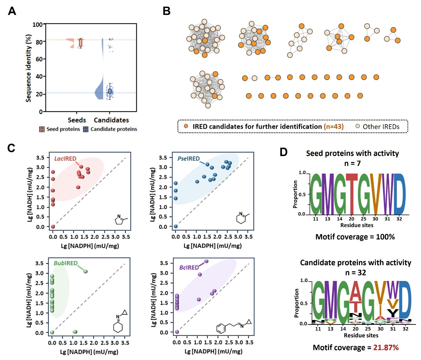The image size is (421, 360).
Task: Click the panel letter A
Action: [x=12, y=11]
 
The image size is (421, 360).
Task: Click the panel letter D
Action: [x=283, y=152]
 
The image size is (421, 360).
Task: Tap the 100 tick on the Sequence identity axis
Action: [x=37, y=25]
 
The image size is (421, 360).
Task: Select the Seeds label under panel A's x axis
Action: [x=77, y=120]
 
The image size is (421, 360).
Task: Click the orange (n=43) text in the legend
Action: [x=334, y=127]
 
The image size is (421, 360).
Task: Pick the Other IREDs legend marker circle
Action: [x=358, y=126]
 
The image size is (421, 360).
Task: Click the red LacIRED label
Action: [x=65, y=159]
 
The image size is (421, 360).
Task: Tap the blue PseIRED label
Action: [x=188, y=159]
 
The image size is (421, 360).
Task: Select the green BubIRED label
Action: [x=65, y=263]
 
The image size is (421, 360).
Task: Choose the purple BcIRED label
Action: [x=189, y=267]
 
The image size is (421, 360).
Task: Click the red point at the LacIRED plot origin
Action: [x=53, y=227]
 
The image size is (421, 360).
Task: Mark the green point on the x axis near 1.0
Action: [x=75, y=332]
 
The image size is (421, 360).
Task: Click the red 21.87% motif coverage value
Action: [x=386, y=348]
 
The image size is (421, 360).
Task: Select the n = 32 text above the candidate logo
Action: [x=355, y=273]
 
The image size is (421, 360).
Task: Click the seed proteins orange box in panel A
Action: [x=80, y=43]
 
